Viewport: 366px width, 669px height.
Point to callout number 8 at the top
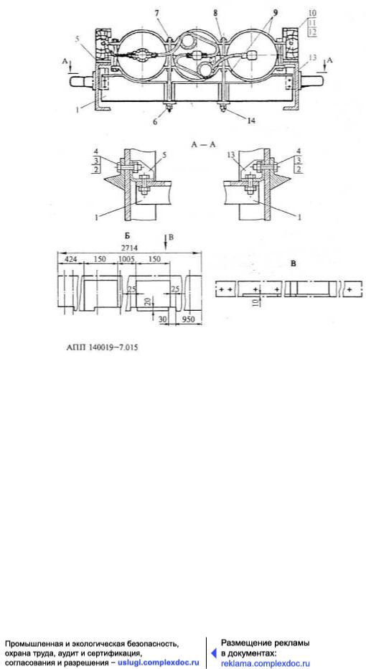[x=216, y=14]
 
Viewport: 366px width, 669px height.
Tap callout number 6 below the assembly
[x=155, y=121]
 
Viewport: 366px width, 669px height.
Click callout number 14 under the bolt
[x=251, y=121]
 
